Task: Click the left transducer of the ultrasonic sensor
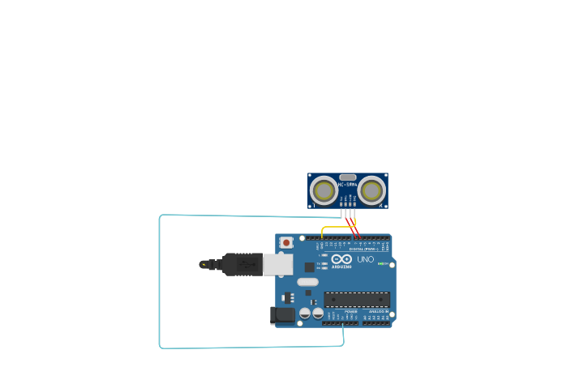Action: (324, 191)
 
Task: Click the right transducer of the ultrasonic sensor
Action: (372, 191)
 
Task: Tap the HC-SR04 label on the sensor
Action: (347, 185)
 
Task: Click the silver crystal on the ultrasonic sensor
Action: (348, 177)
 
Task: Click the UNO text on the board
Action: (366, 259)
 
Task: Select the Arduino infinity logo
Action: (341, 258)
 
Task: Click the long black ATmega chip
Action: (357, 299)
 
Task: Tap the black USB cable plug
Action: (242, 264)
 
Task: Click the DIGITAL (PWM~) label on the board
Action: (363, 248)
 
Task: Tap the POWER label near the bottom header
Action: (350, 311)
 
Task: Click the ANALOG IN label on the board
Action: (378, 311)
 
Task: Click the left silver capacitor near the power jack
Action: (305, 314)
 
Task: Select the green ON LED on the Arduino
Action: (380, 263)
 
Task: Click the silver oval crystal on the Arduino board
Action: (308, 282)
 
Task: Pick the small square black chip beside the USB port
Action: (309, 267)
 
